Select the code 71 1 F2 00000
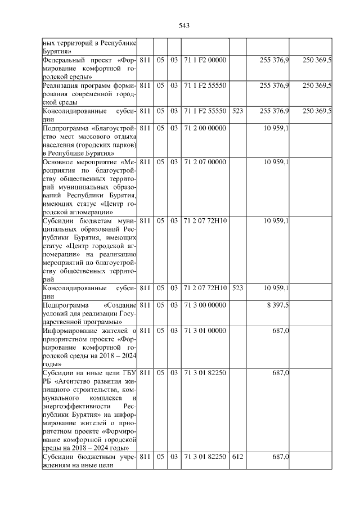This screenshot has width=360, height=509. click(205, 60)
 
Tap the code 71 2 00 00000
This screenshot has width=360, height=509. click(205, 128)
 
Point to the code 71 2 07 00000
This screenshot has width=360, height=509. click(205, 163)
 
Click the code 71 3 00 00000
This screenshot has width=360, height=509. click(205, 305)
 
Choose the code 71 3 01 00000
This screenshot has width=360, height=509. click(205, 331)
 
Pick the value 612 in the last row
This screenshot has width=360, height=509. click(237, 457)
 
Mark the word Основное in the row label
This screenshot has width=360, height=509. click(60, 163)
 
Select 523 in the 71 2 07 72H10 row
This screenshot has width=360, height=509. click(237, 289)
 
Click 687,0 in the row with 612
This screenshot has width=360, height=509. click(280, 457)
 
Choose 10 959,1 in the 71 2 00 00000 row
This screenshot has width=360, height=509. click(276, 128)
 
